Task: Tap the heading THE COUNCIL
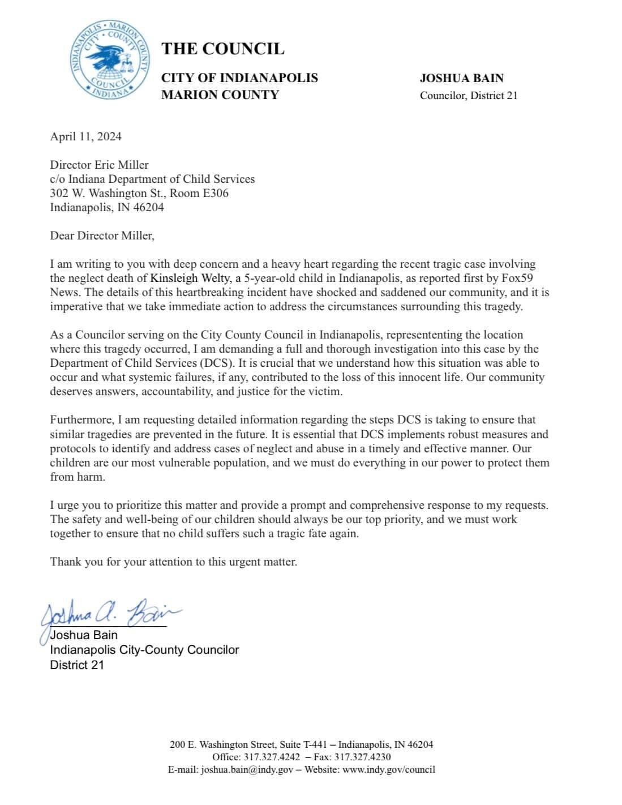pos(222,49)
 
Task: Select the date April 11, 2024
pos(85,136)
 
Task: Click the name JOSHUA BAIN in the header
pos(461,79)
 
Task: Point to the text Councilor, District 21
pos(468,96)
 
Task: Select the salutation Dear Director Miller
pos(102,235)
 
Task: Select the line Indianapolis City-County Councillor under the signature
pos(144,650)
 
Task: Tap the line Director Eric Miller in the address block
pos(99,165)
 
